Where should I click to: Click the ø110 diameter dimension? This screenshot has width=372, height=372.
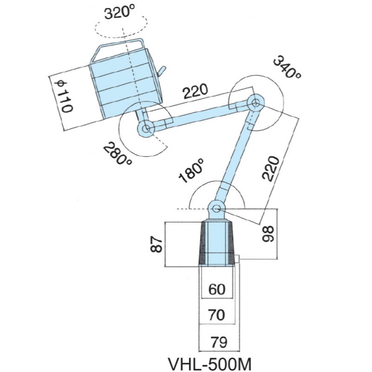pos(62,96)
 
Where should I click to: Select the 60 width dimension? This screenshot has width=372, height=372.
pos(217,289)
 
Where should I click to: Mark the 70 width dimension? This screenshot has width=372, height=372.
pos(217,316)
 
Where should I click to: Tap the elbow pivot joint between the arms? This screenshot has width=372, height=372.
pos(255,102)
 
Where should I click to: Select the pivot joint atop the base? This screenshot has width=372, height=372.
pos(216,208)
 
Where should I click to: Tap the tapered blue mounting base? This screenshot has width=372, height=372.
pos(217,243)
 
